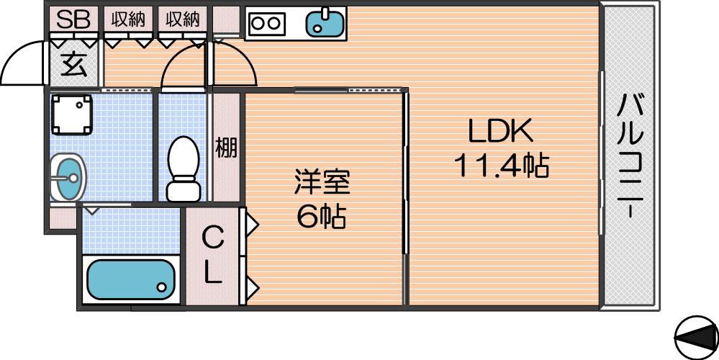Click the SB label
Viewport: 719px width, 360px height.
(x=73, y=19)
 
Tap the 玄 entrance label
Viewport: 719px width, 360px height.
(x=73, y=64)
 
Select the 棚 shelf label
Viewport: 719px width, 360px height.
(x=227, y=147)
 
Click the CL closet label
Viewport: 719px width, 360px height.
(x=213, y=256)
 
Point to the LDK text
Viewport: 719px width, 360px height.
(x=500, y=131)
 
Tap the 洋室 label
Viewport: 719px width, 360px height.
(x=322, y=182)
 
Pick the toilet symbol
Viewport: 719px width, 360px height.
(x=184, y=168)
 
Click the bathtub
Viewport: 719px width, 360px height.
(x=131, y=280)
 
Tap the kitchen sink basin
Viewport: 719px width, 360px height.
(x=325, y=23)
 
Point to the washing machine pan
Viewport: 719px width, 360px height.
(x=71, y=114)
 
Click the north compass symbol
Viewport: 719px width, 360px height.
(x=697, y=338)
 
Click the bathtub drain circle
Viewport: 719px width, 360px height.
(x=161, y=287)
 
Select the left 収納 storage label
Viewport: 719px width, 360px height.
(x=128, y=19)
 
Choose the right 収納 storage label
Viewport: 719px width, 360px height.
(x=183, y=19)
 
